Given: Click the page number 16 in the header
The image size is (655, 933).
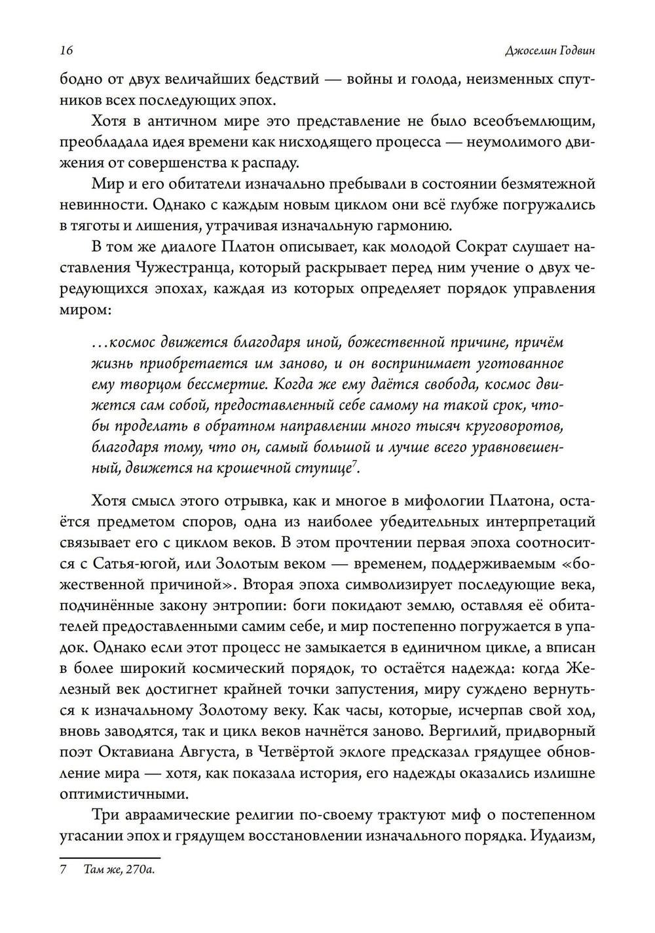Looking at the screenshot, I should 65,51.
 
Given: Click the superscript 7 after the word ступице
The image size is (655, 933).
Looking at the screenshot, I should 354,464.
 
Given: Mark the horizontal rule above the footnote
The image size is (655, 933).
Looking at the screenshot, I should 110,857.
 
